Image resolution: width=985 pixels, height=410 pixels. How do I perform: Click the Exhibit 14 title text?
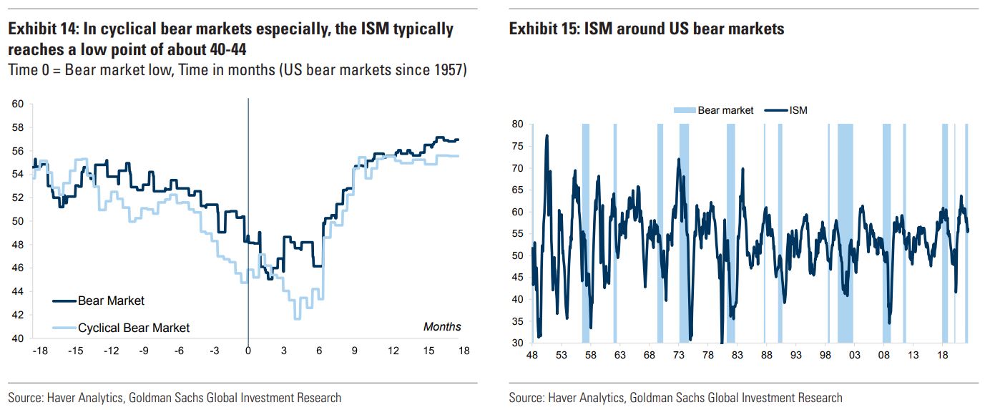(x=230, y=39)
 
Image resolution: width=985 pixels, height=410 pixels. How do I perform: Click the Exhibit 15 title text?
(x=647, y=29)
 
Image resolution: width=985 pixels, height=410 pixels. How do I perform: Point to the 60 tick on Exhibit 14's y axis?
(x=18, y=104)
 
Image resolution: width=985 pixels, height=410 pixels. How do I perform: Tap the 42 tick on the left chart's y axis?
(x=18, y=315)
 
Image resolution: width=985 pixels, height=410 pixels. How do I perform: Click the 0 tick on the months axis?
(x=248, y=351)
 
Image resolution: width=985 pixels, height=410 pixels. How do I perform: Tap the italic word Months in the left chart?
(x=442, y=327)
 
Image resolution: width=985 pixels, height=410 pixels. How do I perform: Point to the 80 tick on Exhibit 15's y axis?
(x=518, y=125)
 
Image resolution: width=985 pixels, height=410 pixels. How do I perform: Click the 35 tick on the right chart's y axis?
(x=518, y=321)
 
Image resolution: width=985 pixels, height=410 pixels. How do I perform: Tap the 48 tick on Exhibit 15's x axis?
(x=531, y=356)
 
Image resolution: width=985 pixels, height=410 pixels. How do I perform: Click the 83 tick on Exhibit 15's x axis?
(x=737, y=356)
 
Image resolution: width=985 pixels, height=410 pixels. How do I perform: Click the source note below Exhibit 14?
(x=175, y=397)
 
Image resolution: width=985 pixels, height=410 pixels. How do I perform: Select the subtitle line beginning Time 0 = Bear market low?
(x=237, y=71)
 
